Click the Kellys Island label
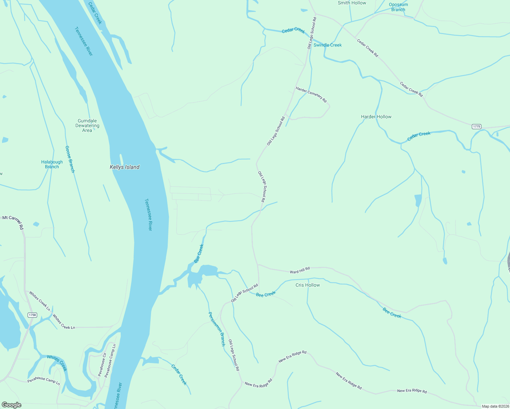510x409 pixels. pos(124,167)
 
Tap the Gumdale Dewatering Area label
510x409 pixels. pos(87,125)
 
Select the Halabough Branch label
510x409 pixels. pos(52,164)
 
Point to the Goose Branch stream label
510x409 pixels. pos(70,159)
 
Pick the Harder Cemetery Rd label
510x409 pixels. pos(311,94)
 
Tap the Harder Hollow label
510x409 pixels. pos(376,117)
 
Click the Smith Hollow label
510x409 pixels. pos(352,3)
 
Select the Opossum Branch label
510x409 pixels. pos(398,7)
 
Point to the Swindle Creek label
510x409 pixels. pos(327,45)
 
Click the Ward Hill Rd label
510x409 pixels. pos(300,270)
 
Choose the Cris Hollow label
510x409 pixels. pos(307,285)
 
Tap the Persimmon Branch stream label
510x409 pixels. pos(217,329)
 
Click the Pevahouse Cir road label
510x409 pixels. pos(102,364)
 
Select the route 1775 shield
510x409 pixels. pos(476,126)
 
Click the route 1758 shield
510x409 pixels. pos(32,315)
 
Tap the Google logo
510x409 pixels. pos(12,405)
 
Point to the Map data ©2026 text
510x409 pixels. pos(495,406)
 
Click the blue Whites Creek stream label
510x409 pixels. pos(57,363)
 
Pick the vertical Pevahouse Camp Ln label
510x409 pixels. pos(110,361)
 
